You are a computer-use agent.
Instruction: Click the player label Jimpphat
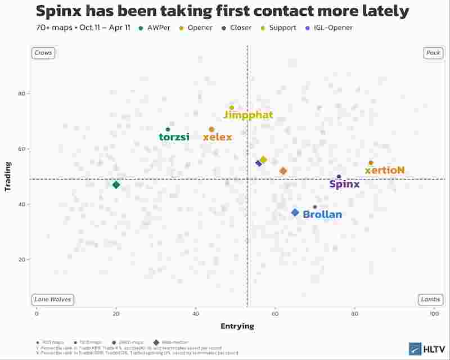coord(248,115)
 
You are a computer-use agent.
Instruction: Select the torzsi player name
coord(174,137)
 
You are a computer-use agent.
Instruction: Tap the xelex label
coord(217,137)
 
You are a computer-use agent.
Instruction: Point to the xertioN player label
coord(385,170)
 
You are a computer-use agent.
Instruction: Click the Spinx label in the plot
coord(344,184)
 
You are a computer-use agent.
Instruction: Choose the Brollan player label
coord(322,214)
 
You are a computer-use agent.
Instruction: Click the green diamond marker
coord(116,185)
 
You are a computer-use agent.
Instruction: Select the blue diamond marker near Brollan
coord(295,213)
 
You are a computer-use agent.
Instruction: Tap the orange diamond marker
coord(283,171)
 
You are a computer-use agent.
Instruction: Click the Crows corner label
coord(43,53)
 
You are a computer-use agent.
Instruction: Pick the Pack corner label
coord(433,53)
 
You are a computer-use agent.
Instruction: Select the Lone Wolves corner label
coord(52,299)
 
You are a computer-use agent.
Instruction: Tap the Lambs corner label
coord(431,299)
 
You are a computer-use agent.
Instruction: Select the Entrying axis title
coord(237,326)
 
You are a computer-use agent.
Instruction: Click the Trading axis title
coord(8,177)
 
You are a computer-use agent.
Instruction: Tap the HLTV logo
coord(426,349)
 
